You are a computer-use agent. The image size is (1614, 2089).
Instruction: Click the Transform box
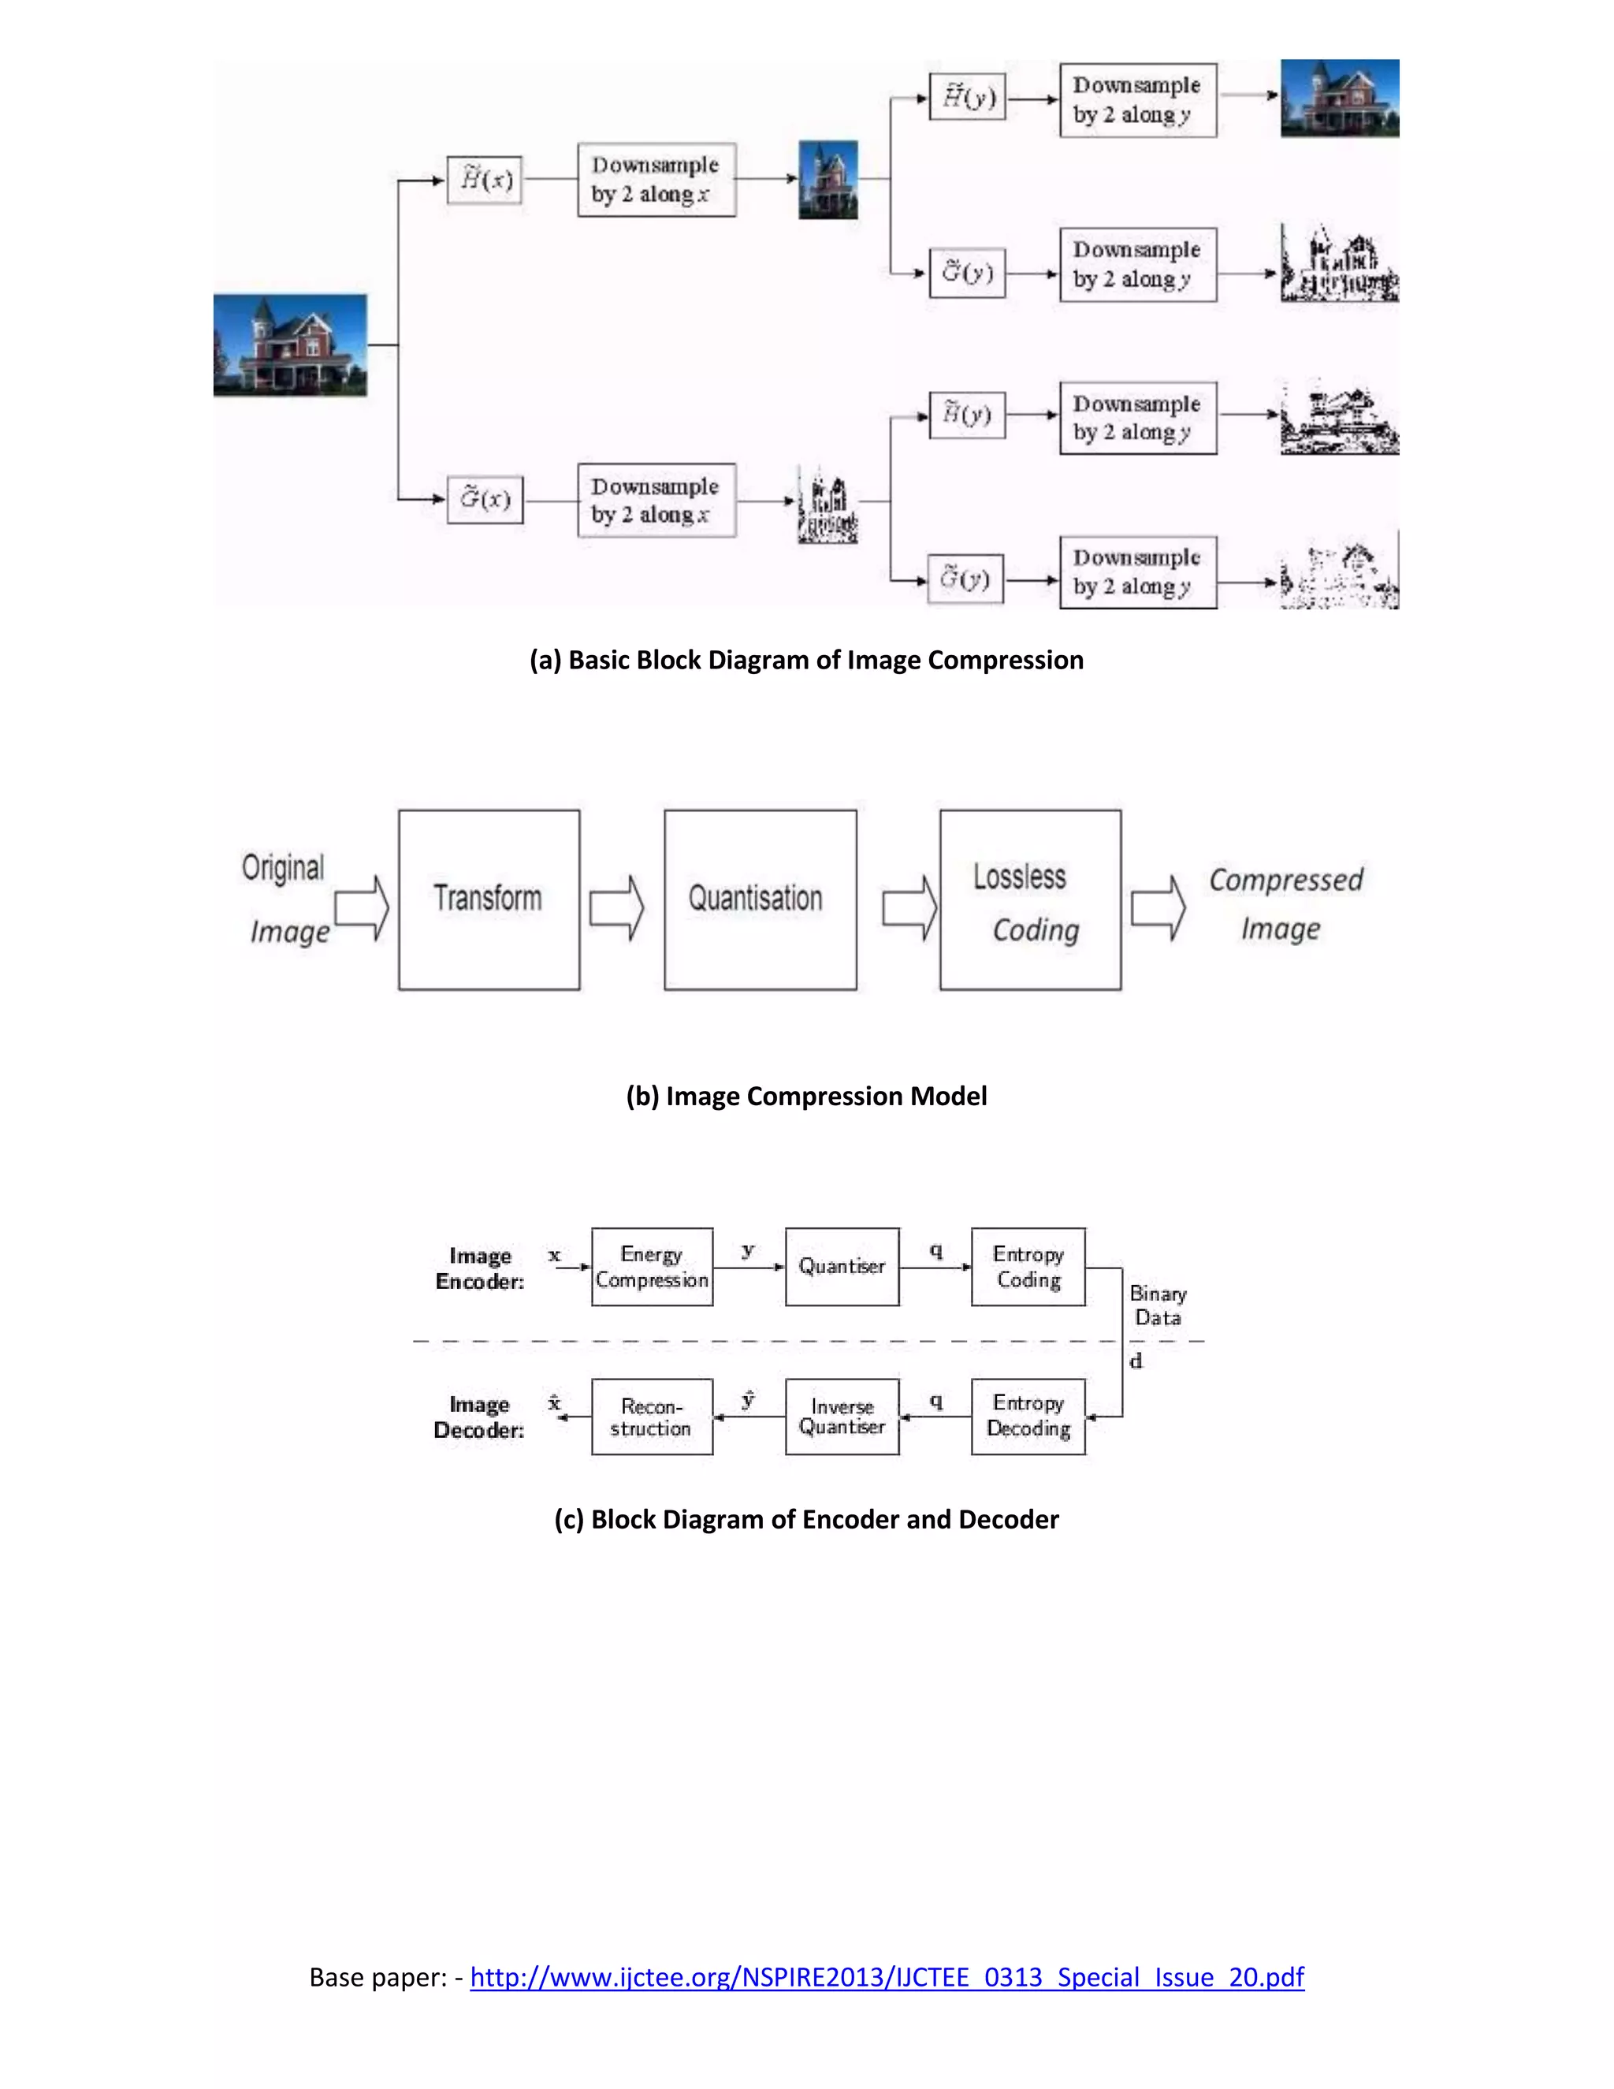pyautogui.click(x=489, y=899)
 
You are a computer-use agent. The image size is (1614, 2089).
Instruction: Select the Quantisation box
pyautogui.click(x=761, y=899)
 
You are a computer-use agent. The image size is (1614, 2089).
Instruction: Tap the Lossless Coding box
pyautogui.click(x=1030, y=899)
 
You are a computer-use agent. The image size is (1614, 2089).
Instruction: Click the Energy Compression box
pyautogui.click(x=652, y=1267)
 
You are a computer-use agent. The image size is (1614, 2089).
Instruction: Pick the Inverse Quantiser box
pyautogui.click(x=842, y=1417)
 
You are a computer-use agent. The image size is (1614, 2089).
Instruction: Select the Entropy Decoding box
pyautogui.click(x=1028, y=1417)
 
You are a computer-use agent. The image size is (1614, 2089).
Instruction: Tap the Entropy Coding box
pyautogui.click(x=1028, y=1267)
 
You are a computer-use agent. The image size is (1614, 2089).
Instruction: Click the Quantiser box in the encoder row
pyautogui.click(x=842, y=1267)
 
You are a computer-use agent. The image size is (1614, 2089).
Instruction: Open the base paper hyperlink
pyautogui.click(x=887, y=1977)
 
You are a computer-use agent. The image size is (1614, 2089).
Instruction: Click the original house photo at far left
pyautogui.click(x=290, y=345)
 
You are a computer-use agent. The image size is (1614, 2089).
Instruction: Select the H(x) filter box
pyautogui.click(x=485, y=180)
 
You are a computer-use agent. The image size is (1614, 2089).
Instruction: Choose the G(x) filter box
pyautogui.click(x=485, y=499)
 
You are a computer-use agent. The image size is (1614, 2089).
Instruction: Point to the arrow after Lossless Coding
pyautogui.click(x=1158, y=907)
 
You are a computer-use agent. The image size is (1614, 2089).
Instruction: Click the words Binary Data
pyautogui.click(x=1158, y=1305)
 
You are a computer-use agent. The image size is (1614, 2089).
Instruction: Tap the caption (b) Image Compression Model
pyautogui.click(x=806, y=1097)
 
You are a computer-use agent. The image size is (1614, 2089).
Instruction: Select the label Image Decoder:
pyautogui.click(x=479, y=1417)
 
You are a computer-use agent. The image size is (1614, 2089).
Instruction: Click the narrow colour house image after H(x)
pyautogui.click(x=828, y=180)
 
